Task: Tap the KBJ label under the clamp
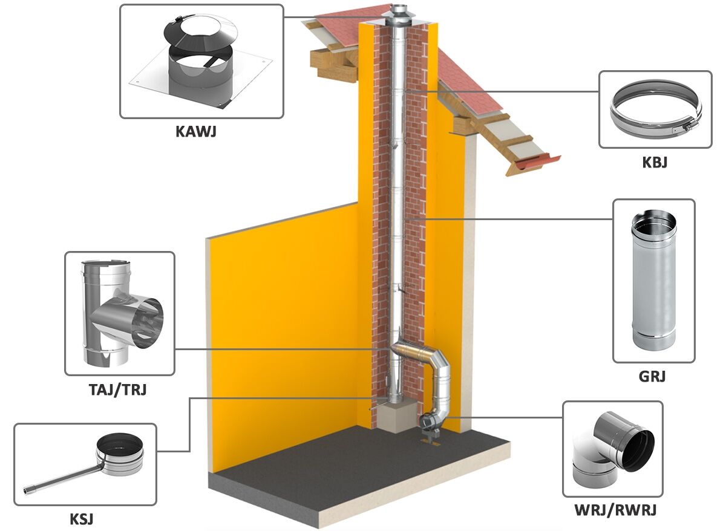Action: click(x=655, y=162)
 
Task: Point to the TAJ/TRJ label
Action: click(x=117, y=389)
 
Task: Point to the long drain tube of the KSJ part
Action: click(x=60, y=480)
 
